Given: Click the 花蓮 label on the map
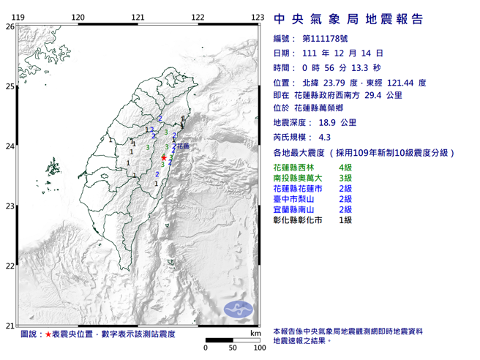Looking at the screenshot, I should pyautogui.click(x=183, y=147).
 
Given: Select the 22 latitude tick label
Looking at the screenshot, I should pyautogui.click(x=10, y=266).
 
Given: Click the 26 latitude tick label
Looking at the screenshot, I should pyautogui.click(x=10, y=26).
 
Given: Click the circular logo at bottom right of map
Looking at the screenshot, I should pyautogui.click(x=237, y=308).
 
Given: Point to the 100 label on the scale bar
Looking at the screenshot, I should pyautogui.click(x=258, y=348).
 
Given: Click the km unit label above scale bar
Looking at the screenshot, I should pyautogui.click(x=254, y=333).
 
